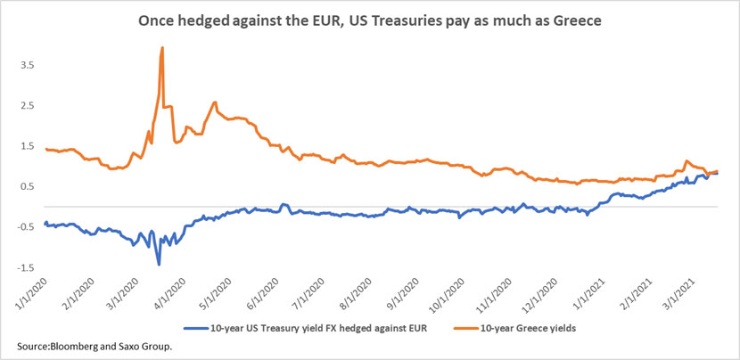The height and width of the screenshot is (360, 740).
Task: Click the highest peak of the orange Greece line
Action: click(x=161, y=48)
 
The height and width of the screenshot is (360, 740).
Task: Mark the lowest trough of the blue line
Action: click(x=159, y=264)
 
